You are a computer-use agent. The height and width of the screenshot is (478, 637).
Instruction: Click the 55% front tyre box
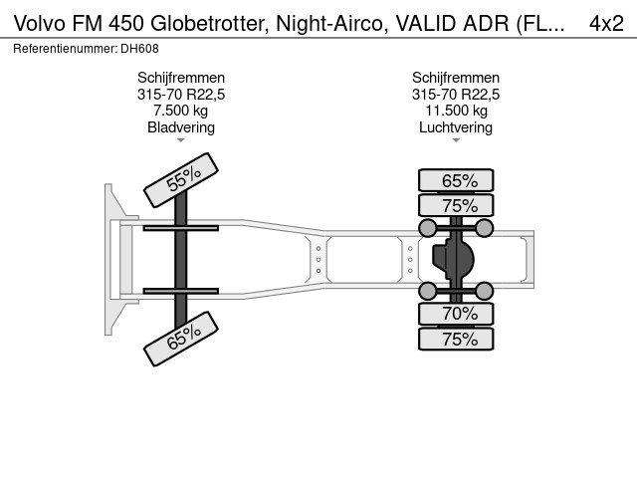click(180, 180)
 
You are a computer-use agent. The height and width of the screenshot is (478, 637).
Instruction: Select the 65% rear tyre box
click(456, 180)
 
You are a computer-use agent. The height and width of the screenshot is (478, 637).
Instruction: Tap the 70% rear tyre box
click(456, 314)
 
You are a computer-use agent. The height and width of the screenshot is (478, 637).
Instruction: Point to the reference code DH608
click(140, 48)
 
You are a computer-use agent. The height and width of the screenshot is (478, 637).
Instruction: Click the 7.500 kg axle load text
click(181, 111)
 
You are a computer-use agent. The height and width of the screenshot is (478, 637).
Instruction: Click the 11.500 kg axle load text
click(456, 111)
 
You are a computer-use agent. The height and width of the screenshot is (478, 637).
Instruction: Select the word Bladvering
click(181, 127)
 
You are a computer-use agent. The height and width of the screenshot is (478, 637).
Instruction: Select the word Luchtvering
click(456, 127)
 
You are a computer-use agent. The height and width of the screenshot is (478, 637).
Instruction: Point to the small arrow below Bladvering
click(181, 140)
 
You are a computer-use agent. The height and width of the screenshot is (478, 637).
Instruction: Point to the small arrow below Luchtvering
click(456, 140)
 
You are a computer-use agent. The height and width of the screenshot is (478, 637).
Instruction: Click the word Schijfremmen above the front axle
click(181, 77)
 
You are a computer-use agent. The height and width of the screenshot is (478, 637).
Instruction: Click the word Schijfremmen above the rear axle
click(456, 77)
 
